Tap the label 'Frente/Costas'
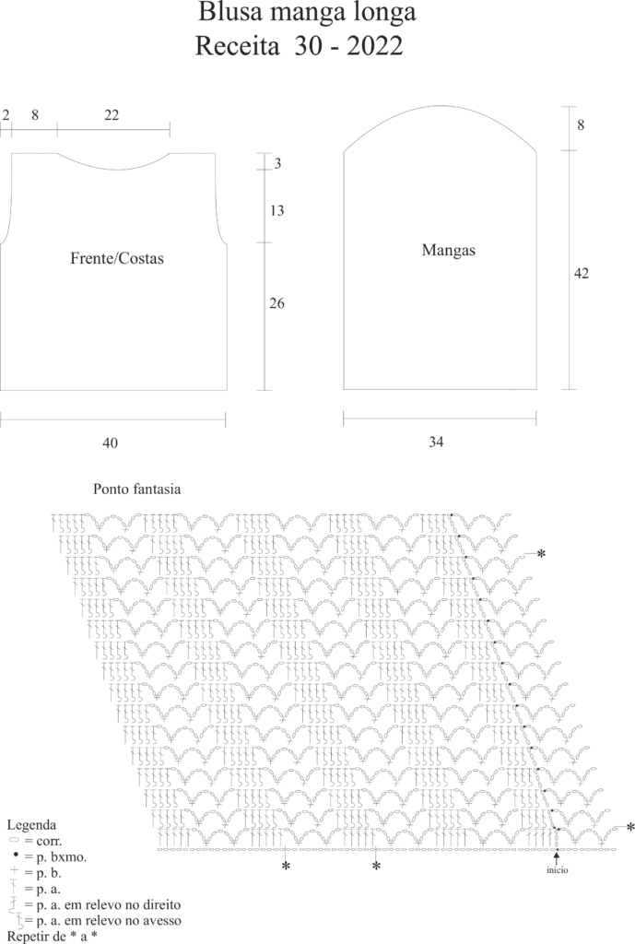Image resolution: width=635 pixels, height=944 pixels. (116, 259)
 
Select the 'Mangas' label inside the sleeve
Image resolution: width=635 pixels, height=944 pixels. (449, 250)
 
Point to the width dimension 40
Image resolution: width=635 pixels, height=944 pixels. (110, 443)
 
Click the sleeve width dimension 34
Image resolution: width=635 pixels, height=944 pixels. (436, 442)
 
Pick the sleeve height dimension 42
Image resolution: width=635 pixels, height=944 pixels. (581, 274)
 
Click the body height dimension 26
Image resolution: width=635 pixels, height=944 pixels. (276, 304)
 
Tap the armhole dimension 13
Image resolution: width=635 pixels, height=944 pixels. (276, 211)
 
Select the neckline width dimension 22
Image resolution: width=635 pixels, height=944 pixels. (112, 115)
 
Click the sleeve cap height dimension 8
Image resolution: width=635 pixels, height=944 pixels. (581, 125)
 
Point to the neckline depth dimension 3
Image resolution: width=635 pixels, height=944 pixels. (277, 164)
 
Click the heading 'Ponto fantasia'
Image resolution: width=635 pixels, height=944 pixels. (136, 489)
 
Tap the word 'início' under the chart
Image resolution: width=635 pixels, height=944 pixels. (557, 869)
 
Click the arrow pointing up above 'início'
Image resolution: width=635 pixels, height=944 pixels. (557, 857)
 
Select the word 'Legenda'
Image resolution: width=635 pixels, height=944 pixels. (31, 824)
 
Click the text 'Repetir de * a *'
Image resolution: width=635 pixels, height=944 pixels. (52, 935)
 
